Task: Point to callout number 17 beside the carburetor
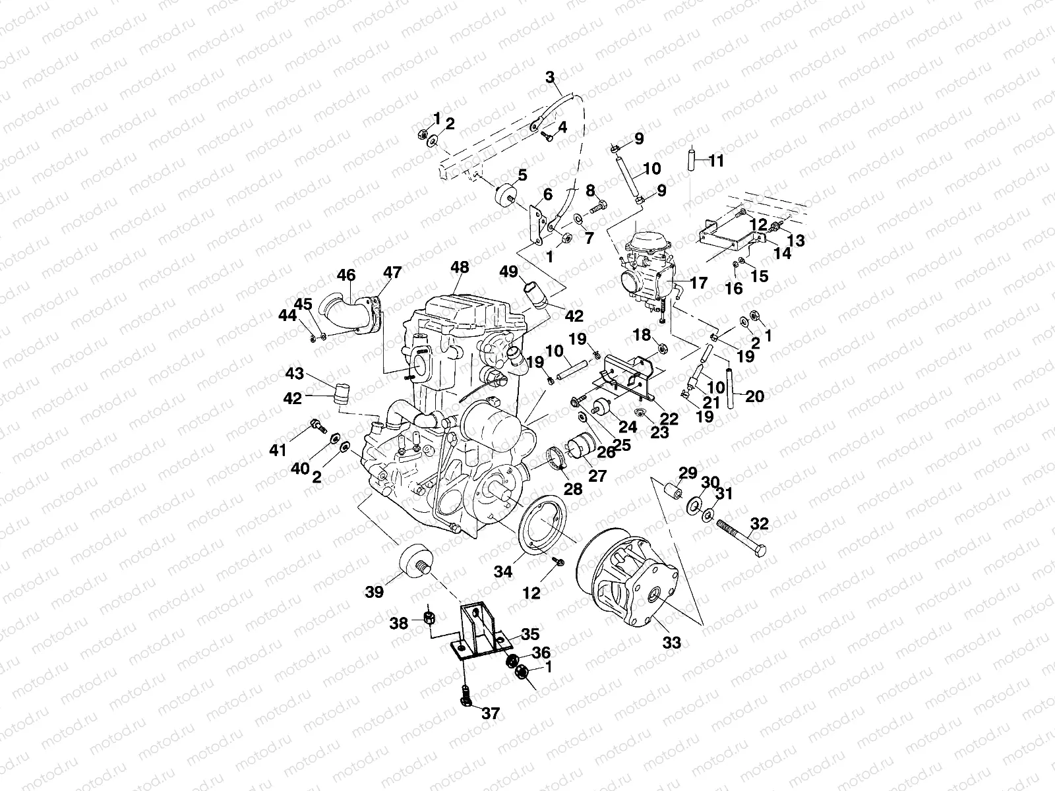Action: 698,283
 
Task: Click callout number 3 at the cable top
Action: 551,77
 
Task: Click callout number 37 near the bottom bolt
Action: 491,713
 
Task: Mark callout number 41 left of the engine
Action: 278,451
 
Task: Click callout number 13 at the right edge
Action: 796,241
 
